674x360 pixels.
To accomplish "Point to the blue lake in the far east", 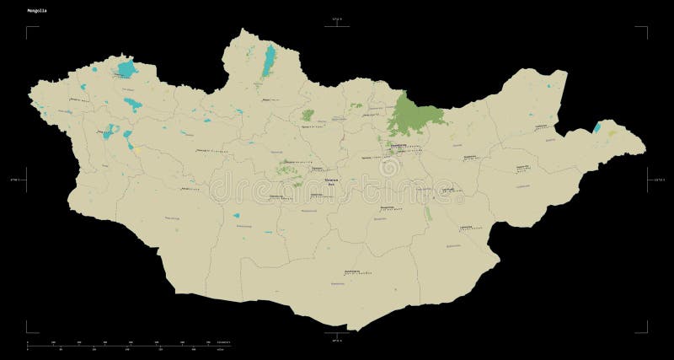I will tap(597, 127).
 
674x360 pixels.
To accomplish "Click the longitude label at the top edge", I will tap(337, 19).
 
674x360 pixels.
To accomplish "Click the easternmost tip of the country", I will tap(645, 151).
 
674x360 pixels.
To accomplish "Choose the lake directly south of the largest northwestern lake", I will tap(133, 105).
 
